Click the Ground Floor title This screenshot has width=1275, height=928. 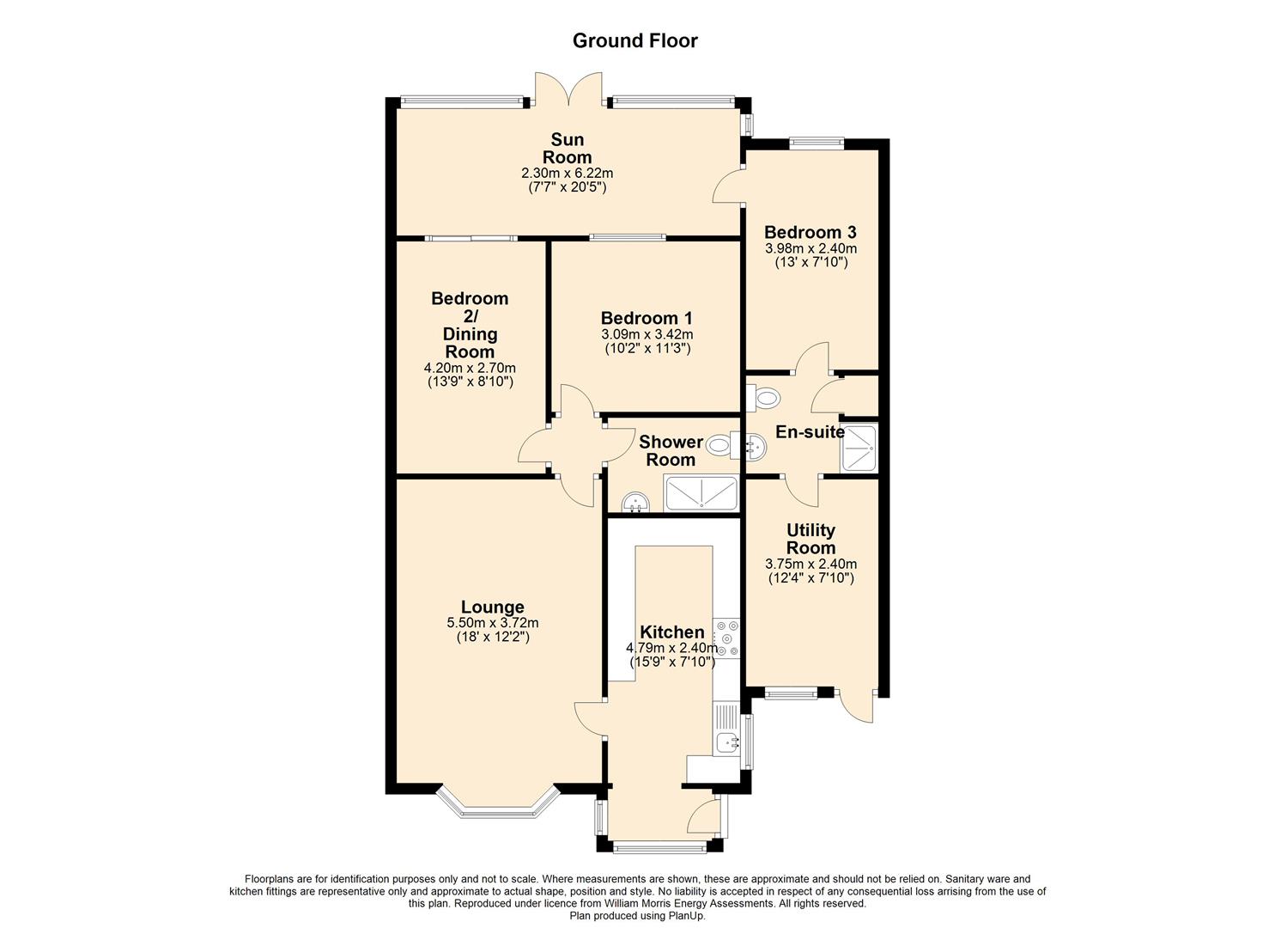(634, 41)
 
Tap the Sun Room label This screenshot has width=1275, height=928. (567, 148)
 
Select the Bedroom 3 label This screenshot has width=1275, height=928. (810, 232)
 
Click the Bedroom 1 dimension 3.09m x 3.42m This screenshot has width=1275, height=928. (647, 334)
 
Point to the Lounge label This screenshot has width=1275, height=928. (492, 607)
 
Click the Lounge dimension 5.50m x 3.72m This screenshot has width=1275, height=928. (493, 623)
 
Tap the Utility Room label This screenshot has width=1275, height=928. (811, 539)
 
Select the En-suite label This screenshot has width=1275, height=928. (810, 432)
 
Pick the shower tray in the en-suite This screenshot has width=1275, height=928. (859, 447)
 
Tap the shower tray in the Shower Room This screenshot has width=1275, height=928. (701, 493)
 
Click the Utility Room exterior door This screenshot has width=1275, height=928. (854, 707)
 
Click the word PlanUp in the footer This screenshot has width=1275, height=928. (689, 916)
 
